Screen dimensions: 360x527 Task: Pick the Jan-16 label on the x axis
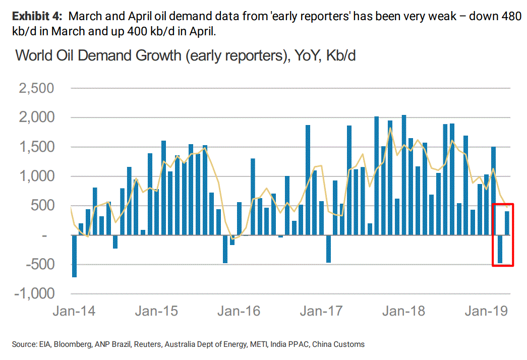239,311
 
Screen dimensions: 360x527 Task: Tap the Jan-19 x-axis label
486,311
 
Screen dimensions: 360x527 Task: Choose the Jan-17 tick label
321,311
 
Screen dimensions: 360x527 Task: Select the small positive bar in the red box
507,223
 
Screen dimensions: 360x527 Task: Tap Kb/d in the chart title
341,55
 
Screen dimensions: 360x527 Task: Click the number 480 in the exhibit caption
510,17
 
